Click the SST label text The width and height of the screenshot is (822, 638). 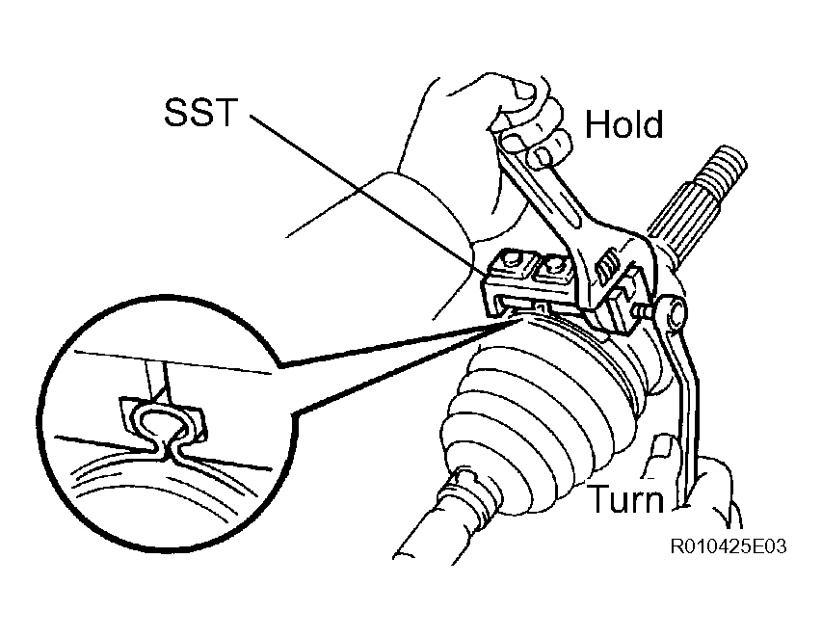point(200,112)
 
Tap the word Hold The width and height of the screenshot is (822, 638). point(623,124)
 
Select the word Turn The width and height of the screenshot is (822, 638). point(624,498)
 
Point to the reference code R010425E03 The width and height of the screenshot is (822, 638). point(729,546)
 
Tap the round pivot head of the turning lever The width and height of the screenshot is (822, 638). point(672,312)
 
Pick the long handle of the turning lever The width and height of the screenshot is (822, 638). point(683,414)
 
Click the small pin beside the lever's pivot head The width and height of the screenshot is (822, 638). point(643,312)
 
